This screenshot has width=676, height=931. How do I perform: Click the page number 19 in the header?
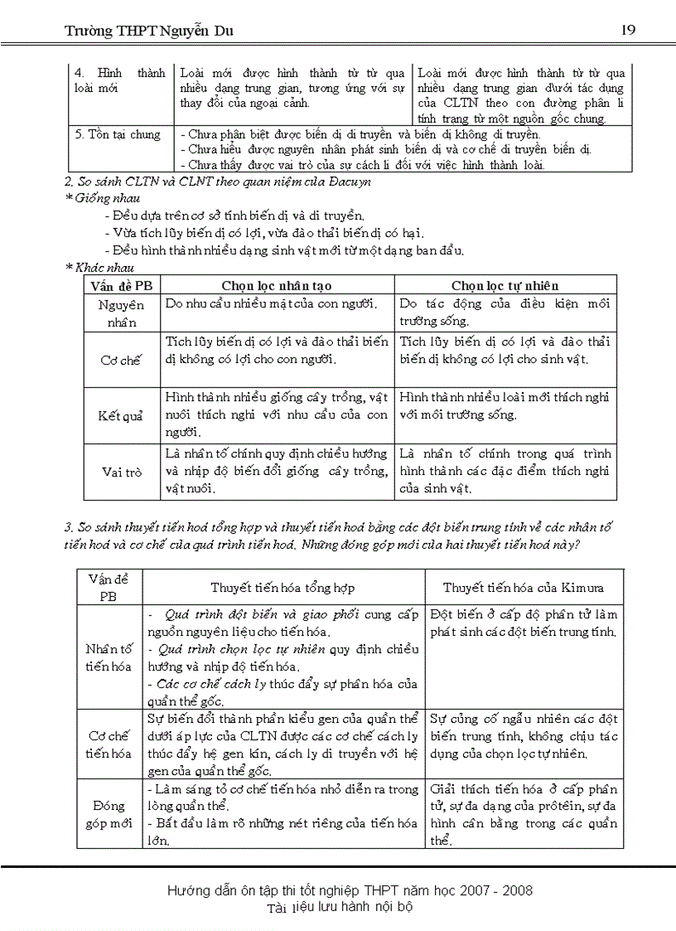pyautogui.click(x=627, y=30)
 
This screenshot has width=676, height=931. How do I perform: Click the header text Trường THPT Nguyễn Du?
pyautogui.click(x=149, y=31)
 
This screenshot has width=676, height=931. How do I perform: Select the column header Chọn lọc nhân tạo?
pyautogui.click(x=277, y=285)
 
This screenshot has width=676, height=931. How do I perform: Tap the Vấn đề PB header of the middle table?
pyautogui.click(x=121, y=285)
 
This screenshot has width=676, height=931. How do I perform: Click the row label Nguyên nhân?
pyautogui.click(x=121, y=313)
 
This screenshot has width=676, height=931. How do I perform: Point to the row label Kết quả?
pyautogui.click(x=121, y=415)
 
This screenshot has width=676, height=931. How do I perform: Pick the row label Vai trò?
pyautogui.click(x=121, y=472)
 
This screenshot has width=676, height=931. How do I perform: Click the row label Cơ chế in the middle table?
pyautogui.click(x=121, y=360)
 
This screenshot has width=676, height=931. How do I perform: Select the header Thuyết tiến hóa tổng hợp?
pyautogui.click(x=282, y=588)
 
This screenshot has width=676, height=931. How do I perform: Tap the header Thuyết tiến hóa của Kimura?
pyautogui.click(x=523, y=588)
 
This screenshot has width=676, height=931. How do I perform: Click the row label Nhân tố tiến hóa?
pyautogui.click(x=109, y=657)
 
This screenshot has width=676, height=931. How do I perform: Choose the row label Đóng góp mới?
pyautogui.click(x=109, y=814)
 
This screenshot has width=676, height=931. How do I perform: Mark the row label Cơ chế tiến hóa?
pyautogui.click(x=109, y=744)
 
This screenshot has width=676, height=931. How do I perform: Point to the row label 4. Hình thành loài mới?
pyautogui.click(x=119, y=80)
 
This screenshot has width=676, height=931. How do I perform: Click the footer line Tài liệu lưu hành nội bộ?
pyautogui.click(x=339, y=907)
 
